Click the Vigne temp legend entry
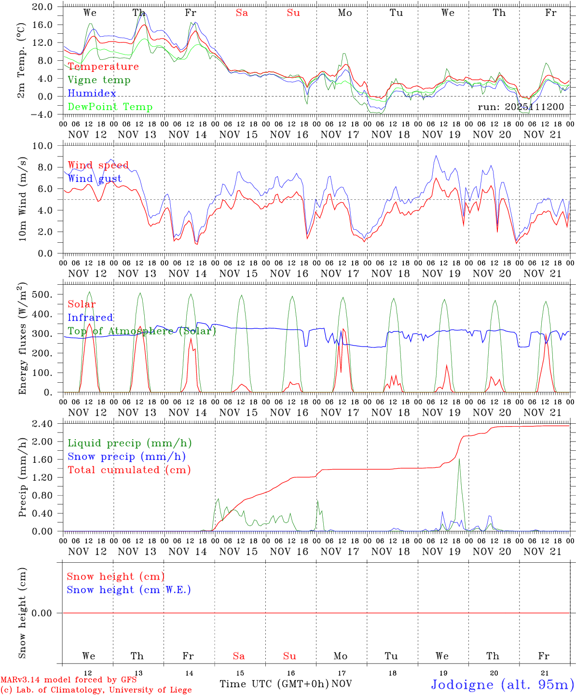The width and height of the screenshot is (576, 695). (x=99, y=80)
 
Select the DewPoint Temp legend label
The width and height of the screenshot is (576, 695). (x=110, y=107)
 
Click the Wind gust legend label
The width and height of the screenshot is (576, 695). (x=95, y=179)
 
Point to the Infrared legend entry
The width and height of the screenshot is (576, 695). (x=90, y=318)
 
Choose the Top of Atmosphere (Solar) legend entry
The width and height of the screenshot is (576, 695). (x=142, y=331)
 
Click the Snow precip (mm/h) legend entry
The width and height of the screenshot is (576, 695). (x=126, y=457)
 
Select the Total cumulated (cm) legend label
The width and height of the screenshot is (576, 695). (x=129, y=470)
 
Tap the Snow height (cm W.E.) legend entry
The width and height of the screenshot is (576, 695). (x=129, y=590)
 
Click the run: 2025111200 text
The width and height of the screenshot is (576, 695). (x=521, y=107)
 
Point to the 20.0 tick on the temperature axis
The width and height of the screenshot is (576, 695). (x=43, y=7)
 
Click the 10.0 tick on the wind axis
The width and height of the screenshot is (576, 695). (x=43, y=146)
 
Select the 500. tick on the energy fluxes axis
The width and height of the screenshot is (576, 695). (x=43, y=294)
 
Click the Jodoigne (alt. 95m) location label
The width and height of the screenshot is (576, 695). (x=502, y=684)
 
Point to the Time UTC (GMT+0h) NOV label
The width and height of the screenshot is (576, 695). (x=286, y=684)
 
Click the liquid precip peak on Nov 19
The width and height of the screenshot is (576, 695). (x=459, y=459)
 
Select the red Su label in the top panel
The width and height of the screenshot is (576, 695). (x=293, y=13)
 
